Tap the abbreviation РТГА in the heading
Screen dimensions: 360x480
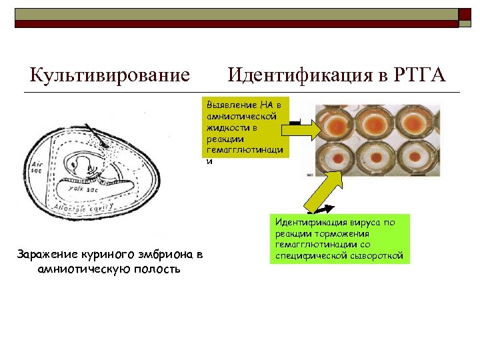pyautogui.click(x=419, y=74)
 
